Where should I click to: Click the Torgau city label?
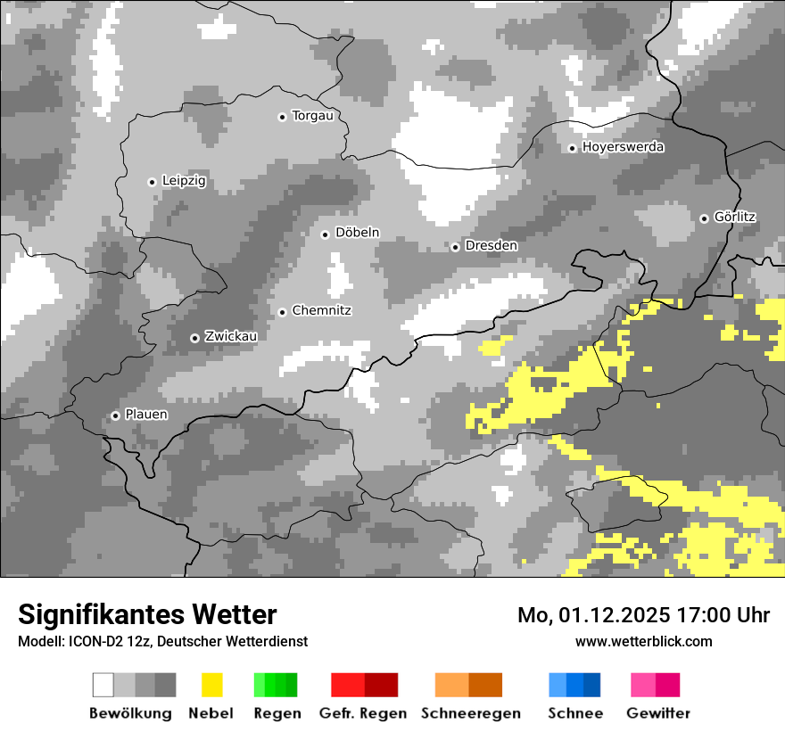312,116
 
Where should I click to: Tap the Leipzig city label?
184,181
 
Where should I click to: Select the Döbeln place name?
357,233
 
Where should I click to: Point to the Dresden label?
491,245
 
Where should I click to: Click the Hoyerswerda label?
623,147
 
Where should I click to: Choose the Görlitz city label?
735,217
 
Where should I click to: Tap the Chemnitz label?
321,310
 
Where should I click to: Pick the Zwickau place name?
231,336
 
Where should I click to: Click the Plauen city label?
145,415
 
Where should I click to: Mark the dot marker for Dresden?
455,246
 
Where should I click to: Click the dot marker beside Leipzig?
152,182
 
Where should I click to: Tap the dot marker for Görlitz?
704,218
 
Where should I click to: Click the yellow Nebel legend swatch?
211,685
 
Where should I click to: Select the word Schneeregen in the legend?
470,713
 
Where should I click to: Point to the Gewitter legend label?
658,713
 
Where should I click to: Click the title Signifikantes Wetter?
147,614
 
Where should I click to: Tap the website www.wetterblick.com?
643,641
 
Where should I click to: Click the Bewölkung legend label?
130,713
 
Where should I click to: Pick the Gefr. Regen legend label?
363,713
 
